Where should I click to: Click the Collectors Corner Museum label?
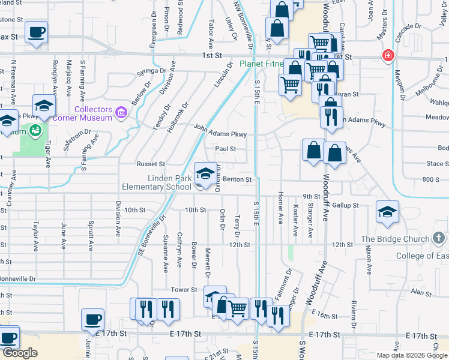[95, 113]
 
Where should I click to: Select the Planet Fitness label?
[261, 64]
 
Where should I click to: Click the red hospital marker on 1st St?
[388, 56]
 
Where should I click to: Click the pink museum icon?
[121, 112]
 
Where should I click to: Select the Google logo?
[20, 353]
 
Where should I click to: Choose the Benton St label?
[240, 179]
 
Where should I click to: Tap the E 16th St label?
[327, 315]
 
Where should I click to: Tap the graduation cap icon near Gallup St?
[388, 212]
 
